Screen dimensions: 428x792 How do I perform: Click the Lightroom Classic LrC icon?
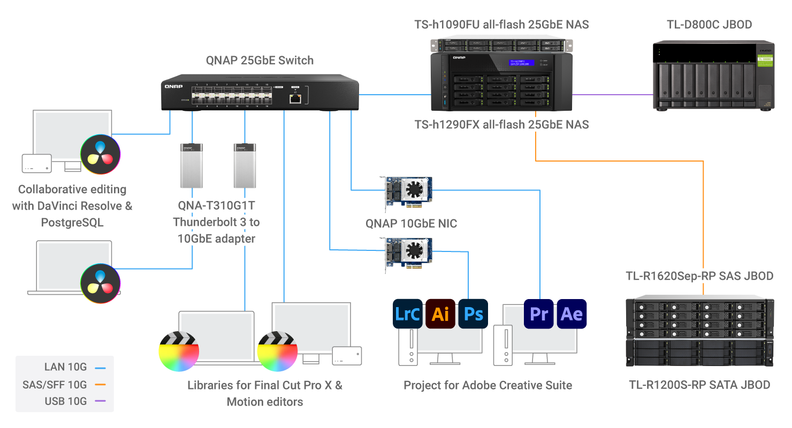407,314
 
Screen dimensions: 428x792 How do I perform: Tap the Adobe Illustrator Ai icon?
440,314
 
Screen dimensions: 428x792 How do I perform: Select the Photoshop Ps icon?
473,314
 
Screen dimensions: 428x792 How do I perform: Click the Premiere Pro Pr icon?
539,314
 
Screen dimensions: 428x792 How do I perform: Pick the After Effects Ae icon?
572,314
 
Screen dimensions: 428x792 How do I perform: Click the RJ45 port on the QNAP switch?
295,98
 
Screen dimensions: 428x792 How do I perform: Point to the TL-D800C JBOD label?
709,24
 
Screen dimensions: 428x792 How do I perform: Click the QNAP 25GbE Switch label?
260,60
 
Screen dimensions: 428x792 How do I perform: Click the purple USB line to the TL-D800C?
613,95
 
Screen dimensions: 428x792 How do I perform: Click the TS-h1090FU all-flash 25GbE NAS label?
501,24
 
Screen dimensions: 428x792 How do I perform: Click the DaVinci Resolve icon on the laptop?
100,283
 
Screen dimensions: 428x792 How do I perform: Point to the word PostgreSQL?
72,222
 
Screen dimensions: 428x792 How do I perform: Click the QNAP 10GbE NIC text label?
411,223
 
